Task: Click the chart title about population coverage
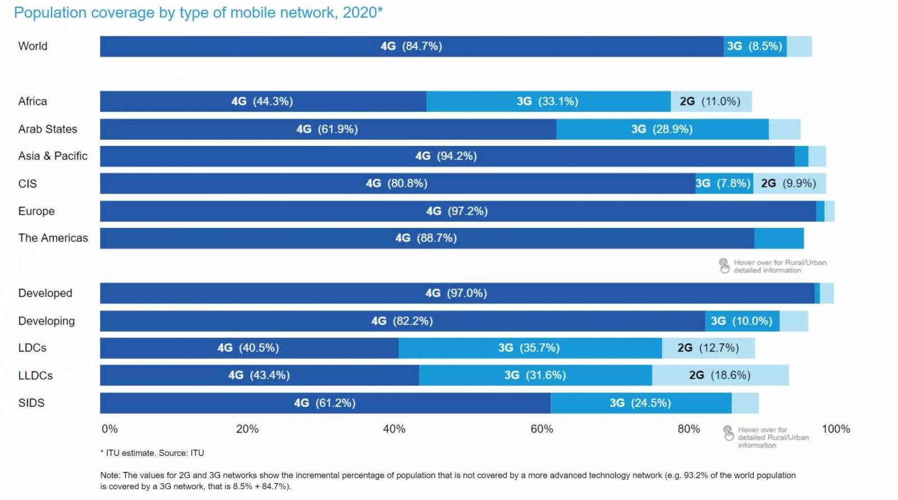[x=198, y=13]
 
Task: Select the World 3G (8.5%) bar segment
[x=754, y=47]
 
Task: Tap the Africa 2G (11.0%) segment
[x=711, y=102]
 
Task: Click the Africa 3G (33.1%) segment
[x=548, y=102]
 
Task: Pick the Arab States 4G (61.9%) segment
[x=328, y=129]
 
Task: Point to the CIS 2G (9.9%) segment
[x=789, y=184]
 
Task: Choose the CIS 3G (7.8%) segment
[x=723, y=184]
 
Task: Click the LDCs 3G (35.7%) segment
[x=529, y=348]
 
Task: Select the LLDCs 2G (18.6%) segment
[x=720, y=375]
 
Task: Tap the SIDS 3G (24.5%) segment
[x=640, y=403]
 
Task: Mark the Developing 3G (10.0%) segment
[x=742, y=321]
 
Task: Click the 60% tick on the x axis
[x=542, y=429]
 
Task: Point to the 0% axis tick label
[x=109, y=429]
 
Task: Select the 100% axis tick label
[x=836, y=429]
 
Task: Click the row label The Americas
[x=53, y=238]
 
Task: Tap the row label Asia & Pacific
[x=53, y=156]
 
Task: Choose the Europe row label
[x=36, y=211]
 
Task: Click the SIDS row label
[x=31, y=403]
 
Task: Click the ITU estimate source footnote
[x=152, y=453]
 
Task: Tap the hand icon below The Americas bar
[x=725, y=265]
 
